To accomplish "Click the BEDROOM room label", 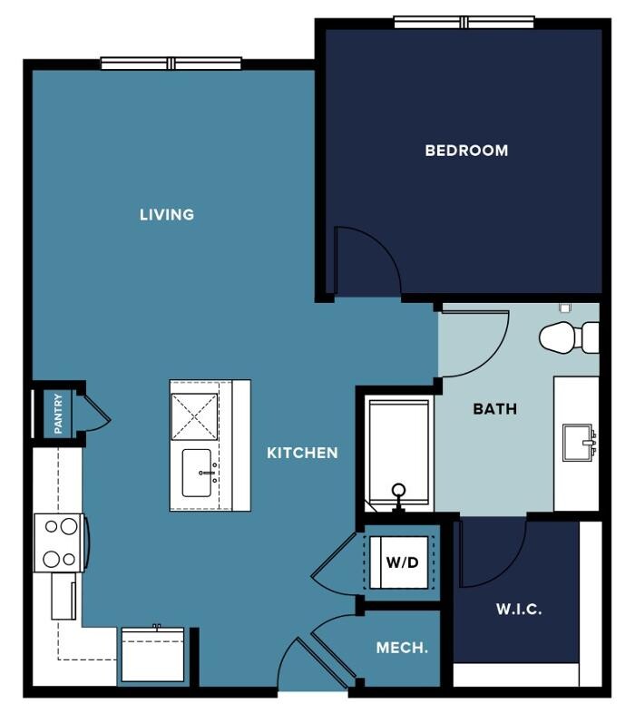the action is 466,151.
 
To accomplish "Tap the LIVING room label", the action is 167,214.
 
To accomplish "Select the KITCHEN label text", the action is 302,453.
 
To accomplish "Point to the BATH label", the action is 494,408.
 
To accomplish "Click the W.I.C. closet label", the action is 519,609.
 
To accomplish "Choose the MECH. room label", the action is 402,648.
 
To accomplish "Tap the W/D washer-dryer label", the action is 402,562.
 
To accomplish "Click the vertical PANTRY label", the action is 58,414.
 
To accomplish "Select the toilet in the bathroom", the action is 569,337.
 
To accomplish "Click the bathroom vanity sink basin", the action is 577,443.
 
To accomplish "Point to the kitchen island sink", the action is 197,474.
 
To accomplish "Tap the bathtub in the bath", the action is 399,455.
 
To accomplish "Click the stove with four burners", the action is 60,542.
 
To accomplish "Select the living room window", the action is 171,64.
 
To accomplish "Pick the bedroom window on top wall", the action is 464,22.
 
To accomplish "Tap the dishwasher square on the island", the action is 194,416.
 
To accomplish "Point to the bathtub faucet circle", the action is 398,490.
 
